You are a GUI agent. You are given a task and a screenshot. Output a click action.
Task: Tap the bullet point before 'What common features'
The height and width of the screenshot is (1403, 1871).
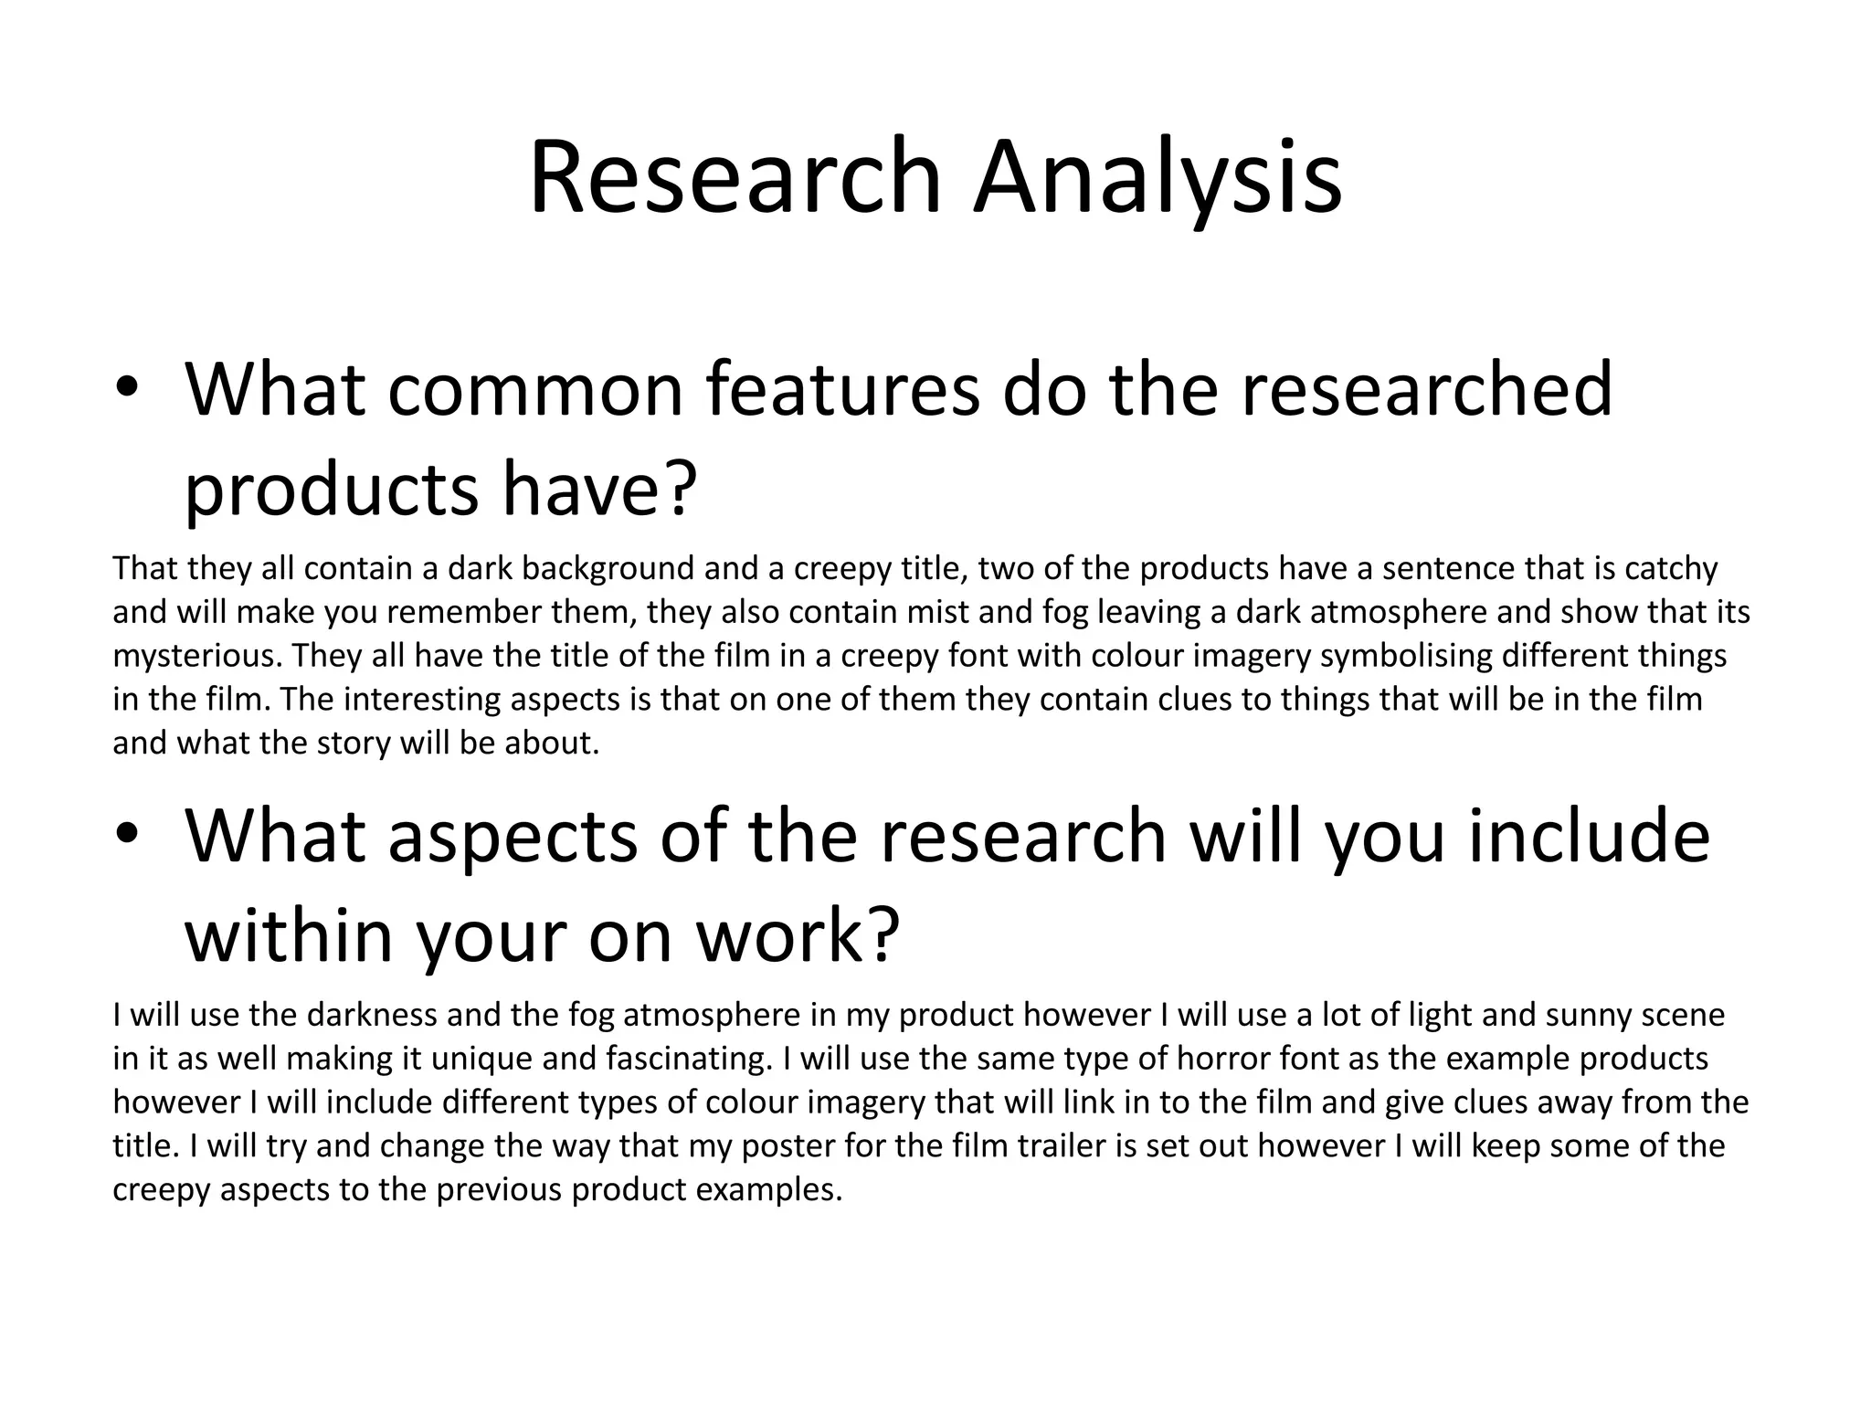(x=126, y=388)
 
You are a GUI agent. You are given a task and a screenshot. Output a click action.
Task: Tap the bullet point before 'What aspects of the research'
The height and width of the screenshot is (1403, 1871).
(x=126, y=835)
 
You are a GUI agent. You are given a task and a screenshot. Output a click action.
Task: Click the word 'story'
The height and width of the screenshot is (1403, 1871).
(x=351, y=744)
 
